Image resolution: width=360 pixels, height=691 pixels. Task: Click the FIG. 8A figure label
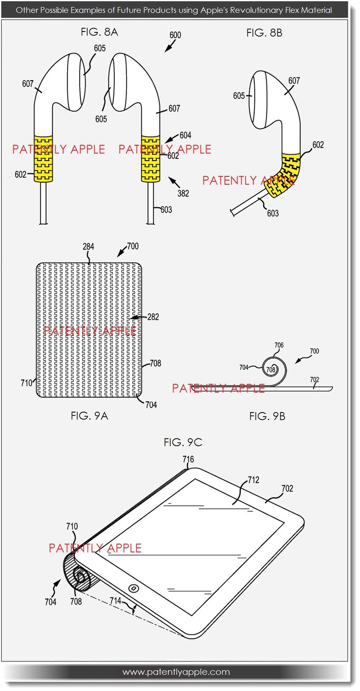pyautogui.click(x=99, y=32)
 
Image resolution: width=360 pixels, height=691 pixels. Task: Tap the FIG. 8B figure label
pyautogui.click(x=264, y=33)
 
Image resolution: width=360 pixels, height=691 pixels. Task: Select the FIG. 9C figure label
pyautogui.click(x=183, y=442)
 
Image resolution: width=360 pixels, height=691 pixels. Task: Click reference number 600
pyautogui.click(x=175, y=35)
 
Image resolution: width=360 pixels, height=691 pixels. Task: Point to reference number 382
pyautogui.click(x=183, y=193)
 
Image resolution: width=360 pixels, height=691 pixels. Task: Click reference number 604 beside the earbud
pyautogui.click(x=185, y=135)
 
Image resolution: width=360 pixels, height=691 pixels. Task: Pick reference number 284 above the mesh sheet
pyautogui.click(x=88, y=247)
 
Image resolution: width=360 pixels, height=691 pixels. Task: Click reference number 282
pyautogui.click(x=153, y=317)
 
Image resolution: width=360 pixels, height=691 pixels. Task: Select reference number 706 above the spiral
pyautogui.click(x=279, y=345)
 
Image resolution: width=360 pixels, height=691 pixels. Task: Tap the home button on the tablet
pyautogui.click(x=133, y=588)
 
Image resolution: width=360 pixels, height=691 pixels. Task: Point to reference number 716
pyautogui.click(x=188, y=459)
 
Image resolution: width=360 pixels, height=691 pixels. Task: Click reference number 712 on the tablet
pyautogui.click(x=253, y=480)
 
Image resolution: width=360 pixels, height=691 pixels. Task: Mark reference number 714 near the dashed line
pyautogui.click(x=115, y=600)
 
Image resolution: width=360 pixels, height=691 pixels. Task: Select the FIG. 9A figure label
pyautogui.click(x=90, y=416)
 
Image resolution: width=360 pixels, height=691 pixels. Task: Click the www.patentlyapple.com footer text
pyautogui.click(x=176, y=672)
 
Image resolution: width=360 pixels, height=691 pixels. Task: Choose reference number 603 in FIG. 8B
pyautogui.click(x=273, y=213)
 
